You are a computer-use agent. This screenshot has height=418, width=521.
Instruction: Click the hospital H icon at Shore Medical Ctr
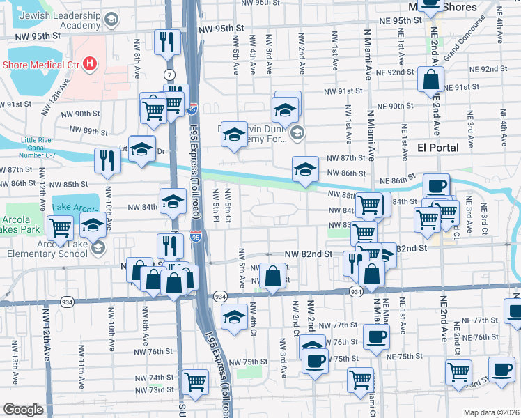pyautogui.click(x=89, y=65)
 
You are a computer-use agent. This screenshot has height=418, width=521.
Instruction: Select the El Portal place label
pyautogui.click(x=437, y=148)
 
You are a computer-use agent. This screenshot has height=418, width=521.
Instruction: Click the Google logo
pyautogui.click(x=24, y=410)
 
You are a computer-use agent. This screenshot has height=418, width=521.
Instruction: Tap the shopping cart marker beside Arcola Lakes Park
pyautogui.click(x=61, y=226)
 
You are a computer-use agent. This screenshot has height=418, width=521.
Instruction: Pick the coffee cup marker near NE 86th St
pyautogui.click(x=437, y=186)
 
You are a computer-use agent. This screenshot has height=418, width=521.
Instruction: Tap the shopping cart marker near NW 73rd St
pyautogui.click(x=196, y=381)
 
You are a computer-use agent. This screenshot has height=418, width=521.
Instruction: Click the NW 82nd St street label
pyautogui.click(x=307, y=254)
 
